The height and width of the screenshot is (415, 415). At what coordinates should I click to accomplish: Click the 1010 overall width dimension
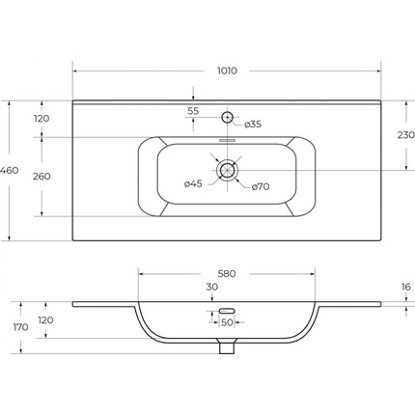pyautogui.click(x=227, y=70)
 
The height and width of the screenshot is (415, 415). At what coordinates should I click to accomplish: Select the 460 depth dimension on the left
pyautogui.click(x=10, y=170)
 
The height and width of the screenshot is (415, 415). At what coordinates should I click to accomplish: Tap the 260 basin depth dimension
pyautogui.click(x=41, y=177)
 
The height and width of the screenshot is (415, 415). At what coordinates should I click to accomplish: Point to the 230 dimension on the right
pyautogui.click(x=406, y=135)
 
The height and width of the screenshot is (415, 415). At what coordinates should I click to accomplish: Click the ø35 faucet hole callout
pyautogui.click(x=253, y=124)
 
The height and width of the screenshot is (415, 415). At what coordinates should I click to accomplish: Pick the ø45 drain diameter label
pyautogui.click(x=193, y=183)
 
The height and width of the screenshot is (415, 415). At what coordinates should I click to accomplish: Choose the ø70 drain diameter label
pyautogui.click(x=261, y=186)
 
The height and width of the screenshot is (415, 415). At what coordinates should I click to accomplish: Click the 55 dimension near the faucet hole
pyautogui.click(x=193, y=111)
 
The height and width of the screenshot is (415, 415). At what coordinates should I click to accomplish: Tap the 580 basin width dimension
pyautogui.click(x=227, y=274)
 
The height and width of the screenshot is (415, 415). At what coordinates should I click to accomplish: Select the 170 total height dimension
pyautogui.click(x=21, y=327)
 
